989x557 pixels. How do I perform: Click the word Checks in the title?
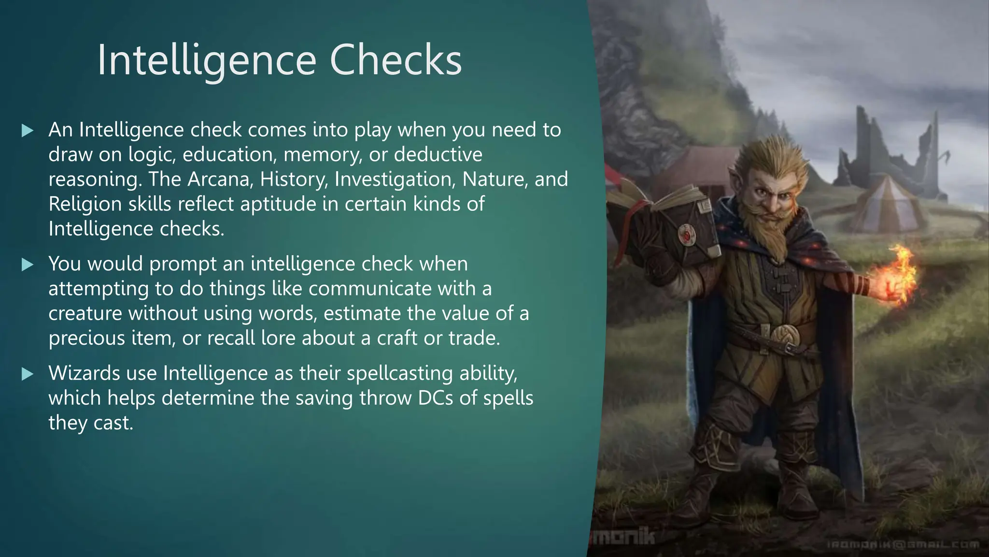tap(396, 60)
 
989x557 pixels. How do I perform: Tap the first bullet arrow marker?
tap(28, 131)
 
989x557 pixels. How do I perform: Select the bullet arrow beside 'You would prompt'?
tap(28, 264)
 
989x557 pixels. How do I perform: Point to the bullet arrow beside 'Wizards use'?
tap(28, 374)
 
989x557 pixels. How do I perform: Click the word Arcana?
tap(221, 179)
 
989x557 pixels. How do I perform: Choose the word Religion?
tap(85, 204)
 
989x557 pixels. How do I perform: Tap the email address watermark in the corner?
tap(903, 545)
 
